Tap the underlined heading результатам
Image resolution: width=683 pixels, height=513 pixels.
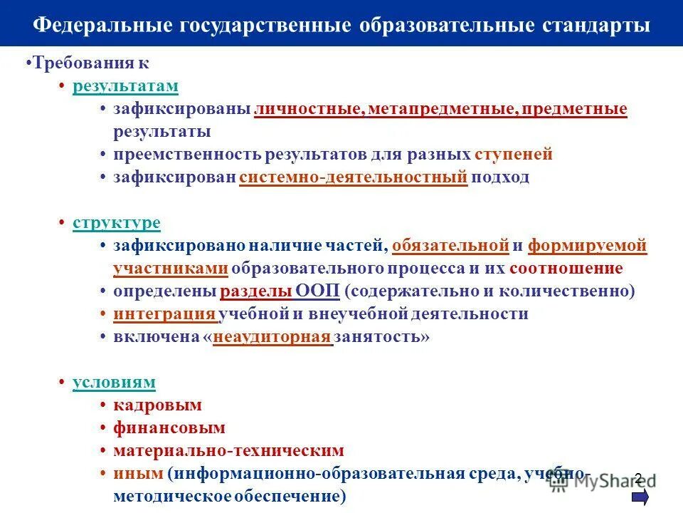[x=125, y=86]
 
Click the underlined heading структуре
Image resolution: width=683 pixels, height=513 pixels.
[x=117, y=223]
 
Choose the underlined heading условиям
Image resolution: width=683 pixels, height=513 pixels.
[x=114, y=383]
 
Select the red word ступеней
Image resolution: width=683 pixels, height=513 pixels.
[x=514, y=155]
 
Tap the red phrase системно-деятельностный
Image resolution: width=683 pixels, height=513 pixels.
[x=354, y=177]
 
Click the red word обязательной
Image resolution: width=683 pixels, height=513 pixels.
[x=450, y=246]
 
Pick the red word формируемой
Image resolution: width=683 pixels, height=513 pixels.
[x=588, y=246]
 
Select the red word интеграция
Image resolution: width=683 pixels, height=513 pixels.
[x=164, y=314]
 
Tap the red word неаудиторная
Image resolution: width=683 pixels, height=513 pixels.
[x=272, y=337]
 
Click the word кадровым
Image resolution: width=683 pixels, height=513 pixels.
[x=157, y=405]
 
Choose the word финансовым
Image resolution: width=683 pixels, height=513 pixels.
[x=169, y=428]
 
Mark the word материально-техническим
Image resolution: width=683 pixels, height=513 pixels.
[x=228, y=451]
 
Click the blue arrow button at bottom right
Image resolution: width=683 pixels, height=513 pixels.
[x=640, y=497]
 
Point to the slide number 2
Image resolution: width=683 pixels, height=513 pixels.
[x=637, y=477]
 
